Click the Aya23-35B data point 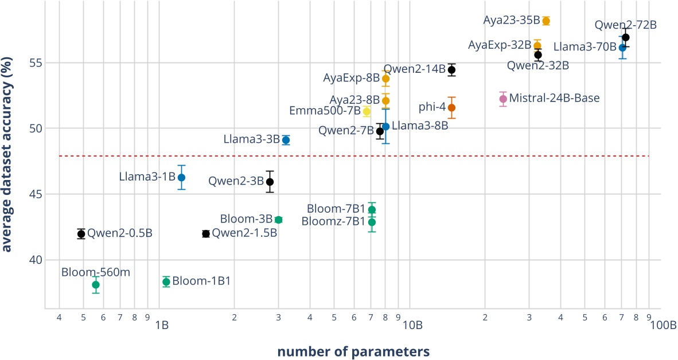click(546, 21)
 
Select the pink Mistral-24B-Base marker click(503, 99)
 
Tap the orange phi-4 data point click(451, 107)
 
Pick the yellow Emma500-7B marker click(367, 111)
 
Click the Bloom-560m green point click(96, 284)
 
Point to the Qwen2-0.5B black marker click(81, 233)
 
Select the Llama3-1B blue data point click(181, 177)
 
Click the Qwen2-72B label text click(625, 25)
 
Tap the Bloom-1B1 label click(201, 281)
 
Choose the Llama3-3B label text click(252, 139)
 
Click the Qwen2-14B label click(414, 69)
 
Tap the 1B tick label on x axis click(161, 326)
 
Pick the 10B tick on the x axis click(412, 326)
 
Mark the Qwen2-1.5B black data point click(206, 233)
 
